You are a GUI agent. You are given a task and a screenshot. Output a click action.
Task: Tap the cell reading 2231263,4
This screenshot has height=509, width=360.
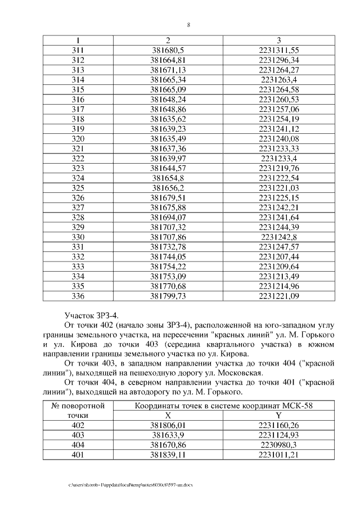click(x=279, y=80)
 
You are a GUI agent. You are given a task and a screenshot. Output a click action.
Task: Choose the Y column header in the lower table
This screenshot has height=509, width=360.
click(x=279, y=415)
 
